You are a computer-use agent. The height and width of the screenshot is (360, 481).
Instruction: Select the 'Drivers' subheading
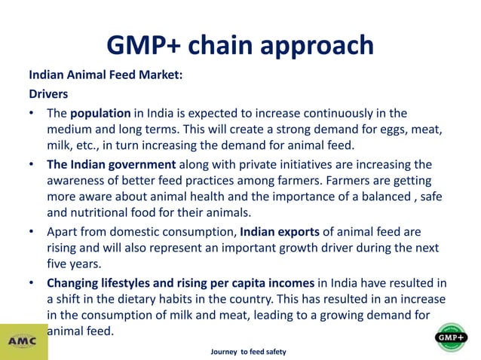pyautogui.click(x=49, y=95)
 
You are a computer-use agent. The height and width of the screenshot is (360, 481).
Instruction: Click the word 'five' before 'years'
pyautogui.click(x=59, y=263)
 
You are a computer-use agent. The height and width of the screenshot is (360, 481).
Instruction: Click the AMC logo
pyautogui.click(x=23, y=340)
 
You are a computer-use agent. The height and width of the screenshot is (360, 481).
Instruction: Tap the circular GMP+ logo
pyautogui.click(x=452, y=337)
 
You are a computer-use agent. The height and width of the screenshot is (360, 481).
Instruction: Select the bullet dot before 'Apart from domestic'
pyautogui.click(x=32, y=231)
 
